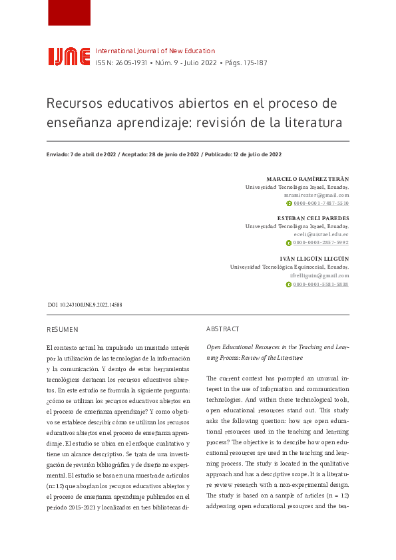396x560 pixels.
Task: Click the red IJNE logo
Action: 69,57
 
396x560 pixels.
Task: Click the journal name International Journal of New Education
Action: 156,51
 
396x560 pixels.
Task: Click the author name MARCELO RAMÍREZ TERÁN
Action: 307,180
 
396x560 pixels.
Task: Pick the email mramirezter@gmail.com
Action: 317,196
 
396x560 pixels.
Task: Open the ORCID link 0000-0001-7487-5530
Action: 321,204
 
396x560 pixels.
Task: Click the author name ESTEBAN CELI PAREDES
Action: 313,218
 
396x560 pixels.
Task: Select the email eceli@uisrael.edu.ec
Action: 321,235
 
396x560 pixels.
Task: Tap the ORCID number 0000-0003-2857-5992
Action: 321,243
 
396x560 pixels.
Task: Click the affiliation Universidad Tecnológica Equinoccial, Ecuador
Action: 290,267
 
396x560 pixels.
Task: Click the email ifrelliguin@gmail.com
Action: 319,275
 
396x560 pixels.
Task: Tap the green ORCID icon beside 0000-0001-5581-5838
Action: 288,284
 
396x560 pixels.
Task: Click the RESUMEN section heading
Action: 63,329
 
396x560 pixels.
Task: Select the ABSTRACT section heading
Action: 223,329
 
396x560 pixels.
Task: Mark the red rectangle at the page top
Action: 69,13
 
